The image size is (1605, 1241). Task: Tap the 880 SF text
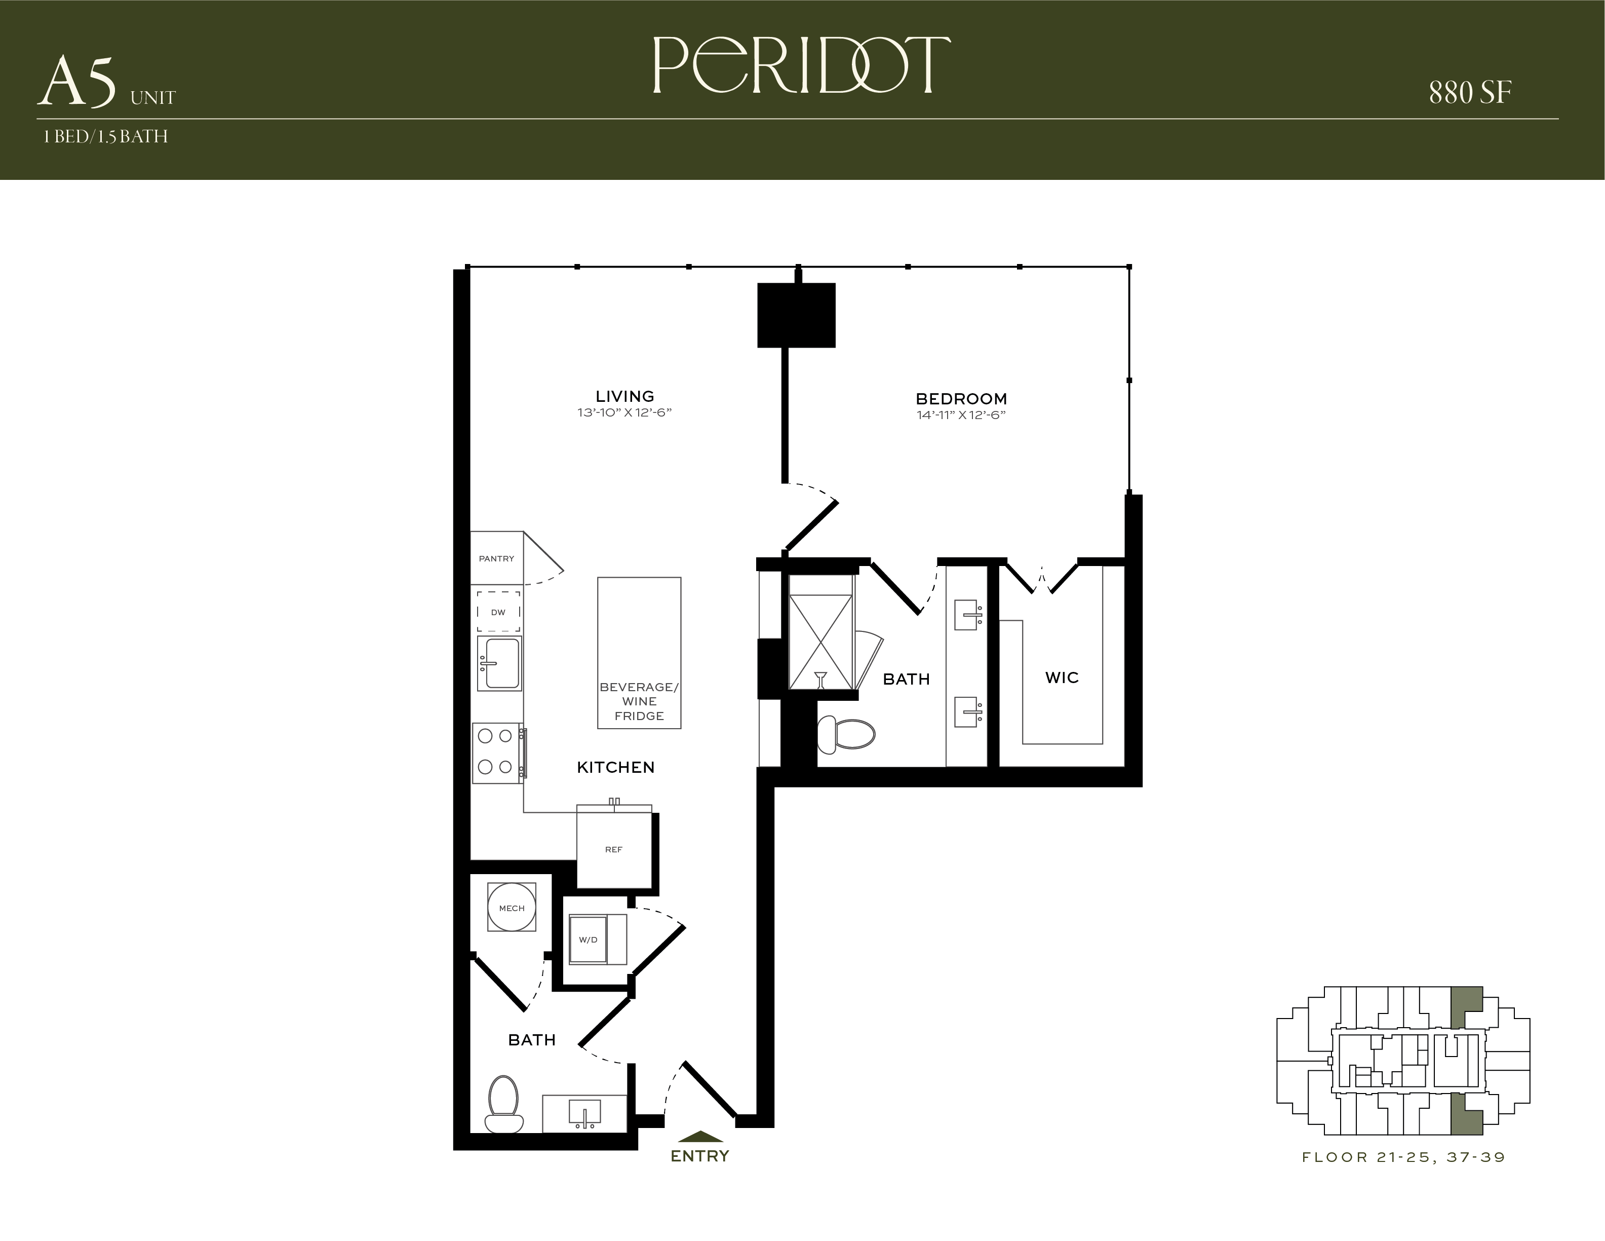[1470, 93]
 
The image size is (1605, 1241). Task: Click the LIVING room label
[624, 396]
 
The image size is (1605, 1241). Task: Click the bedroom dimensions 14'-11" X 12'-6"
[961, 416]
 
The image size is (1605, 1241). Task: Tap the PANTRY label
[497, 559]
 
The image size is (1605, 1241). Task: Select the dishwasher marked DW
[499, 612]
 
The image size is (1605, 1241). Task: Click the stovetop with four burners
[496, 753]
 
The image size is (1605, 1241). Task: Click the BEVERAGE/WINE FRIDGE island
[639, 653]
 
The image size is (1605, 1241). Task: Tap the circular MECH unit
[512, 908]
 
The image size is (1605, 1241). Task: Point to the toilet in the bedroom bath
[846, 734]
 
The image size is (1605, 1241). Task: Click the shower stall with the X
[821, 642]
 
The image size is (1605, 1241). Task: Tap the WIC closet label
[1062, 678]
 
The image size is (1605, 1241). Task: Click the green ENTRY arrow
[700, 1136]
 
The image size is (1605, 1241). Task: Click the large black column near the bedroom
[797, 315]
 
